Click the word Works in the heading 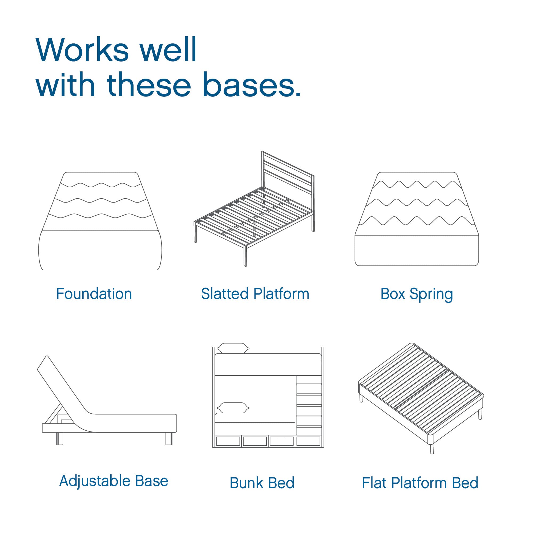pos(82,50)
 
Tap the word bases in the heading pos(251,85)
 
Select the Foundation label pos(94,294)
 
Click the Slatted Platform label pos(255,294)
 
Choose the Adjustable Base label pos(114,481)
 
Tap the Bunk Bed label pos(262,483)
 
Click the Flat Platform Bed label pos(420,483)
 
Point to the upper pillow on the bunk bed pos(233,348)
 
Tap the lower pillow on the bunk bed pos(233,408)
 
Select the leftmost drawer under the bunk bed pos(228,441)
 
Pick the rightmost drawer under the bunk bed pos(308,441)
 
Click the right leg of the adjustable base pos(169,439)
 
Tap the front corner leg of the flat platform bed pos(432,448)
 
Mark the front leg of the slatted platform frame pos(245,256)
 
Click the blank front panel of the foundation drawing pos(100,250)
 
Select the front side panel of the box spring pos(417,251)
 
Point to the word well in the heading pos(168,50)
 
